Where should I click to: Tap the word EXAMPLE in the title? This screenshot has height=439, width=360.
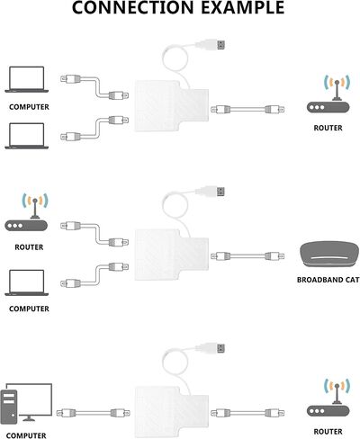243,7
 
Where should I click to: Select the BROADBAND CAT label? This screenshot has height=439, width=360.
328,280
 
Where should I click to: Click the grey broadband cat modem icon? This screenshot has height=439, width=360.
329,255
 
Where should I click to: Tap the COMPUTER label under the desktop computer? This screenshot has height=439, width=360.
26,435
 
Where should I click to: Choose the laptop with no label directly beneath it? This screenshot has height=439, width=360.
26,136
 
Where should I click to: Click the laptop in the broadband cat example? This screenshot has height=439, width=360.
26,282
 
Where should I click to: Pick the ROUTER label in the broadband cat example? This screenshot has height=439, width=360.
29,247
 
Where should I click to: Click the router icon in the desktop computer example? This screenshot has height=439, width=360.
328,398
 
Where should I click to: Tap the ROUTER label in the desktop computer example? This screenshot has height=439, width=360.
328,432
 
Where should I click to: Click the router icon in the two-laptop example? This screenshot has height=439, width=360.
328,94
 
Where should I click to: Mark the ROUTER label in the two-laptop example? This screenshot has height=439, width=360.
328,128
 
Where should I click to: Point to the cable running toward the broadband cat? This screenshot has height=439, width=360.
247,256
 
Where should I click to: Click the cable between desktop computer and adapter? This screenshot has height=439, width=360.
94,413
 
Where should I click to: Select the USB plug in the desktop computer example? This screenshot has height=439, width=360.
211,348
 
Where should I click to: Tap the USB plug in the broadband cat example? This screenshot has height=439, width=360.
211,191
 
